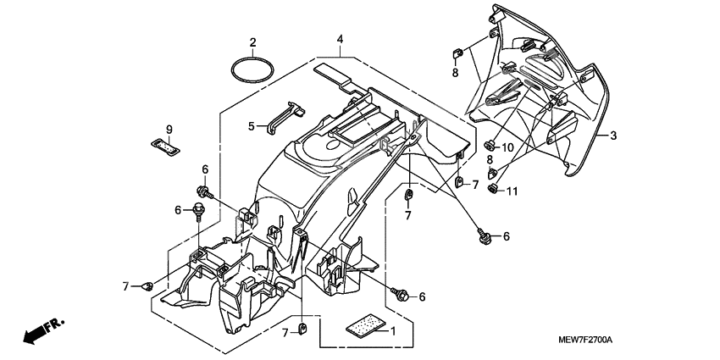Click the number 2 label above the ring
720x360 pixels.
click(x=252, y=42)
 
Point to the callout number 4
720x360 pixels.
click(x=340, y=40)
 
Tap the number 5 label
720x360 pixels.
click(x=252, y=126)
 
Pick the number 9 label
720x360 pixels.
click(x=169, y=130)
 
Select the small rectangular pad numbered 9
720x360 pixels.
click(x=165, y=146)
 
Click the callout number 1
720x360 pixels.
click(x=392, y=330)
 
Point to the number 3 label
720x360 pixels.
click(x=613, y=136)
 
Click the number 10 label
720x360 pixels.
click(x=507, y=148)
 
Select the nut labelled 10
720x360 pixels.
click(x=490, y=146)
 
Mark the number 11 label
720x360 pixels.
click(x=512, y=191)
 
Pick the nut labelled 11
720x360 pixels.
click(x=492, y=188)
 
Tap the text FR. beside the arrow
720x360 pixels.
click(x=55, y=325)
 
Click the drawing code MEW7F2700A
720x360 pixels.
click(x=585, y=341)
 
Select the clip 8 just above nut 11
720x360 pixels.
click(x=493, y=173)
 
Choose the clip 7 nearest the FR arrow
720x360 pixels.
click(x=147, y=286)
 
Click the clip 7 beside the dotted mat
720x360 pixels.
click(x=302, y=328)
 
